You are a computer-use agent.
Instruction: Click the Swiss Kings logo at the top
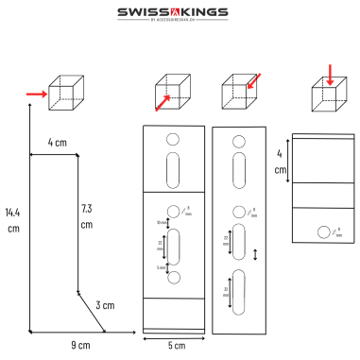(x=179, y=13)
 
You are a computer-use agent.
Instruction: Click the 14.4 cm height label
(x=12, y=219)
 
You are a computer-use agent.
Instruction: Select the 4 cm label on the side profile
(x=58, y=143)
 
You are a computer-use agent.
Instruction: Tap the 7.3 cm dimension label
(x=86, y=215)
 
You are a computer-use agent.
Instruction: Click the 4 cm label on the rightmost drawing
(x=280, y=162)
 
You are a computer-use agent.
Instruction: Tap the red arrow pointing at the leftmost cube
(x=32, y=94)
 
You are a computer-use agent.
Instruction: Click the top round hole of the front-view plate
(x=173, y=140)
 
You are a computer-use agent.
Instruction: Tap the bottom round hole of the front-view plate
(x=173, y=278)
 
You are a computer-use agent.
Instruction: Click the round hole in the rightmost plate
(x=324, y=231)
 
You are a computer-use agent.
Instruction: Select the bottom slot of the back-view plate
(x=237, y=292)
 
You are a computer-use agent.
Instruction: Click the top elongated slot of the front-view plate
(x=173, y=173)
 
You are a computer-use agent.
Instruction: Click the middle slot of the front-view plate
(x=173, y=244)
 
